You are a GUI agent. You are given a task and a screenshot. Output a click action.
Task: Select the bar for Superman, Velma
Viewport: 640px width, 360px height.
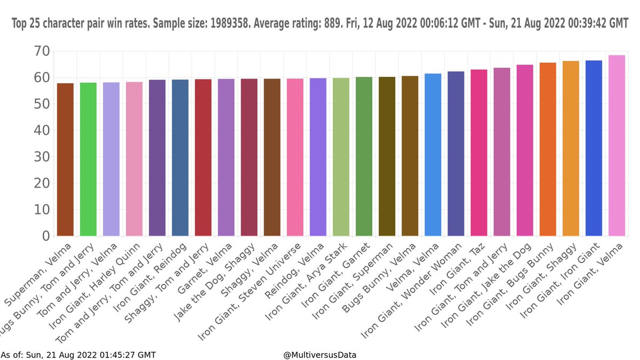point(65,159)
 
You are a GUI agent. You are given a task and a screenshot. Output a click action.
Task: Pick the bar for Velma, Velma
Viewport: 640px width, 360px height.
point(433,155)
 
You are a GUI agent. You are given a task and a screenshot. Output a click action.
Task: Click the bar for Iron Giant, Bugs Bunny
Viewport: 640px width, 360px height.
point(548,149)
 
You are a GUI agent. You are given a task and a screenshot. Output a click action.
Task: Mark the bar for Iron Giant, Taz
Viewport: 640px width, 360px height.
point(479,153)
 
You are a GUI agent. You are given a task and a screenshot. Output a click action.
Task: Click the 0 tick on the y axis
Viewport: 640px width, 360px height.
point(46,236)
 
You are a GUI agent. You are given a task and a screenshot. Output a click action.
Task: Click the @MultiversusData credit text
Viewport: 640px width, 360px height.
point(320,355)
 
